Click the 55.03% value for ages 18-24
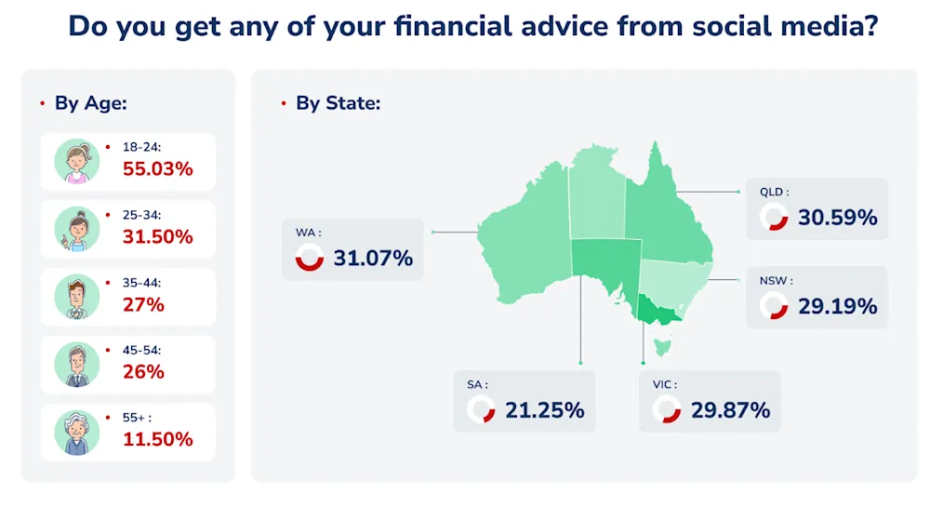(158, 169)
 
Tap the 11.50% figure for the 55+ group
(158, 439)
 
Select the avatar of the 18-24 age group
(76, 161)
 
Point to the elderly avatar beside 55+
(76, 433)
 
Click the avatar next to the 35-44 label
(76, 297)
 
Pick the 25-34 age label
(141, 215)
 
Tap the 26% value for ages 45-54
(143, 372)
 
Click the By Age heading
(91, 103)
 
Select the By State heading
(339, 103)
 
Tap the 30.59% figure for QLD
(838, 218)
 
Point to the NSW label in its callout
(776, 281)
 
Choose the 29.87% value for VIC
(731, 410)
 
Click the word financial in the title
(453, 27)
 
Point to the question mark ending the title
(870, 27)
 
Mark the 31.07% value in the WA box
(373, 259)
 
